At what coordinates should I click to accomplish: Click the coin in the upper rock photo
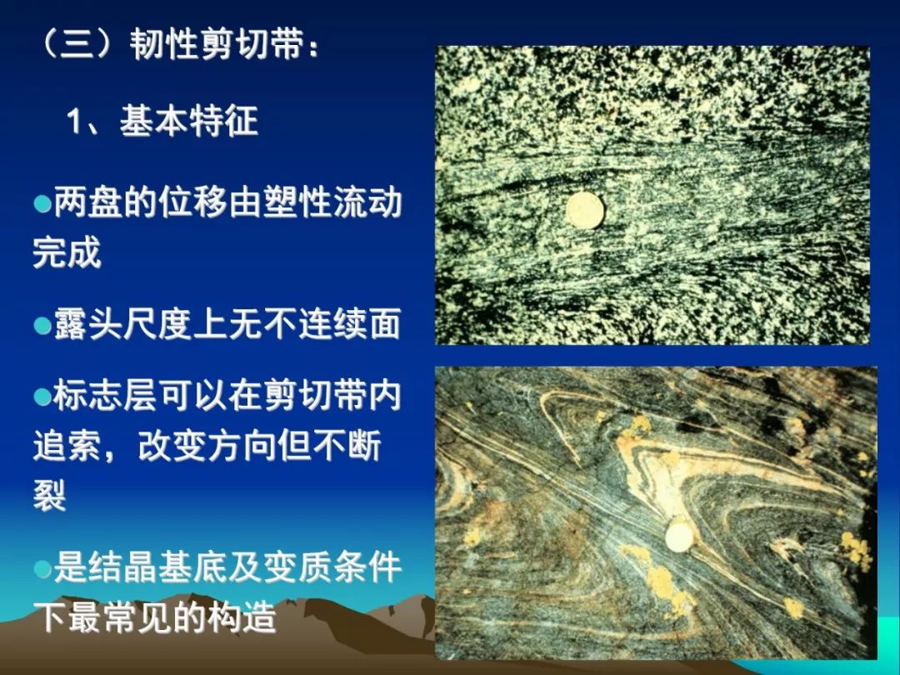(585, 210)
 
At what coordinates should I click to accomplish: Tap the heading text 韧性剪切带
(217, 44)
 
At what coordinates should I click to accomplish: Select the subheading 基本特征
(188, 122)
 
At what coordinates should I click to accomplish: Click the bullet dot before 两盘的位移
(42, 204)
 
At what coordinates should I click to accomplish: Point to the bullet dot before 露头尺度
(42, 326)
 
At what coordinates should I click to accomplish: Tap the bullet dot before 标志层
(42, 397)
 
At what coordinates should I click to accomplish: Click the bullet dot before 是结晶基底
(42, 569)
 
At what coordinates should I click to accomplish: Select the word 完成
(67, 252)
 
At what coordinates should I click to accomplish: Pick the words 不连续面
(332, 324)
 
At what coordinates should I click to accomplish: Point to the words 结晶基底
(157, 567)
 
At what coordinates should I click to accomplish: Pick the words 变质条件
(332, 567)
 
